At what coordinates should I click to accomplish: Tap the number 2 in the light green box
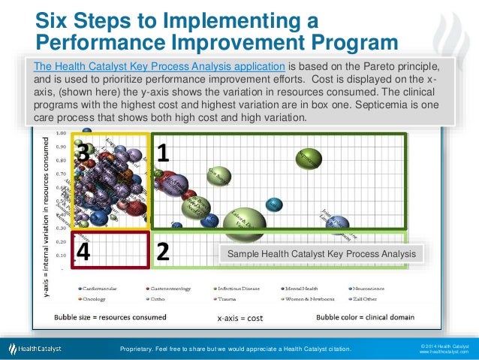[x=162, y=253]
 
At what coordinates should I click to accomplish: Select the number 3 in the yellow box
[x=84, y=153]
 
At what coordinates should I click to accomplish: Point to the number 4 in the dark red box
[x=84, y=253]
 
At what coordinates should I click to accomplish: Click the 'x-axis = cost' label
[x=239, y=317]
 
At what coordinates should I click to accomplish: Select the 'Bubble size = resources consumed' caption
[x=110, y=316]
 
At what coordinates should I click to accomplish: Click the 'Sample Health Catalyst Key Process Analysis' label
[x=321, y=254]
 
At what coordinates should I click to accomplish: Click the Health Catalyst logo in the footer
[x=36, y=348]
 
